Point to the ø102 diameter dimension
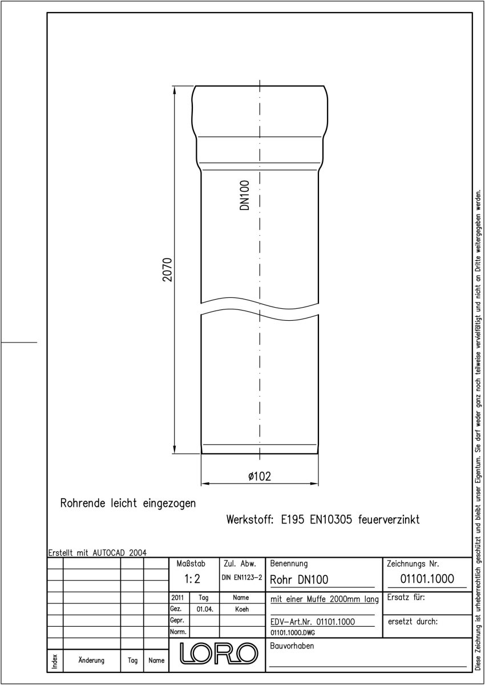coord(260,476)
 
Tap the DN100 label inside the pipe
coord(244,195)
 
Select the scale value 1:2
coord(192,579)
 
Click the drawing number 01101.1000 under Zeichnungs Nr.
coord(427,579)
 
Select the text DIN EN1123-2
coord(242,578)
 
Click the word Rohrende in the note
coord(83,503)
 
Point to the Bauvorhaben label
coord(292,646)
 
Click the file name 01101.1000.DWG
coord(293,632)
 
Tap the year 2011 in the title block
coord(177,597)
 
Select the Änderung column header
coord(91,660)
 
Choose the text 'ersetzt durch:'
coord(413,622)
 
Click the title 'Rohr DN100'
coord(299,579)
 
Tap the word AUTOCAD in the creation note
coord(109,553)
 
